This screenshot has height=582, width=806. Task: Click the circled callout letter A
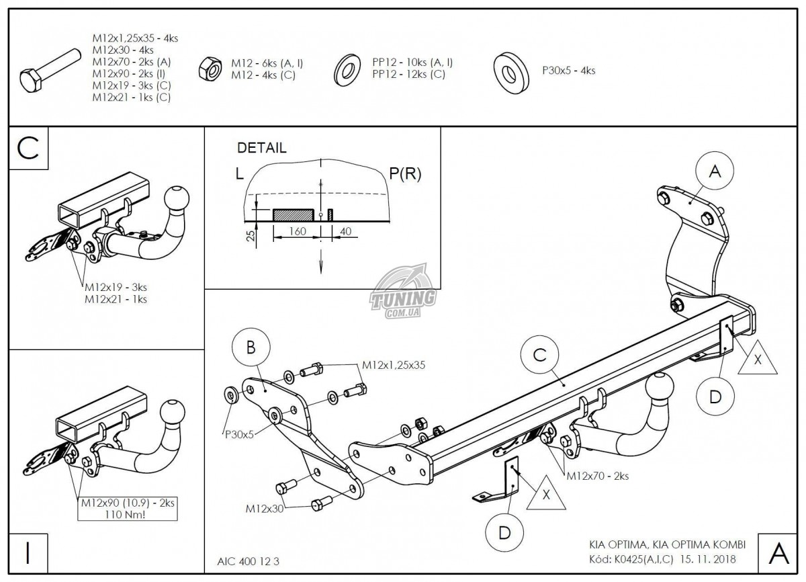point(715,173)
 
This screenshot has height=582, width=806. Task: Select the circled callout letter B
point(251,347)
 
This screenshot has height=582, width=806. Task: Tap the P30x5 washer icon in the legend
point(510,69)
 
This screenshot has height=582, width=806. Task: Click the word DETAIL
point(261,148)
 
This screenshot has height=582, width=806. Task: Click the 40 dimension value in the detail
point(347,231)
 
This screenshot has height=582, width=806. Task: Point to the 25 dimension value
point(250,237)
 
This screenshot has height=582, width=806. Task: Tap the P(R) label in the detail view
point(405,174)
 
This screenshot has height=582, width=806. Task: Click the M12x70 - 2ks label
point(598,476)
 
